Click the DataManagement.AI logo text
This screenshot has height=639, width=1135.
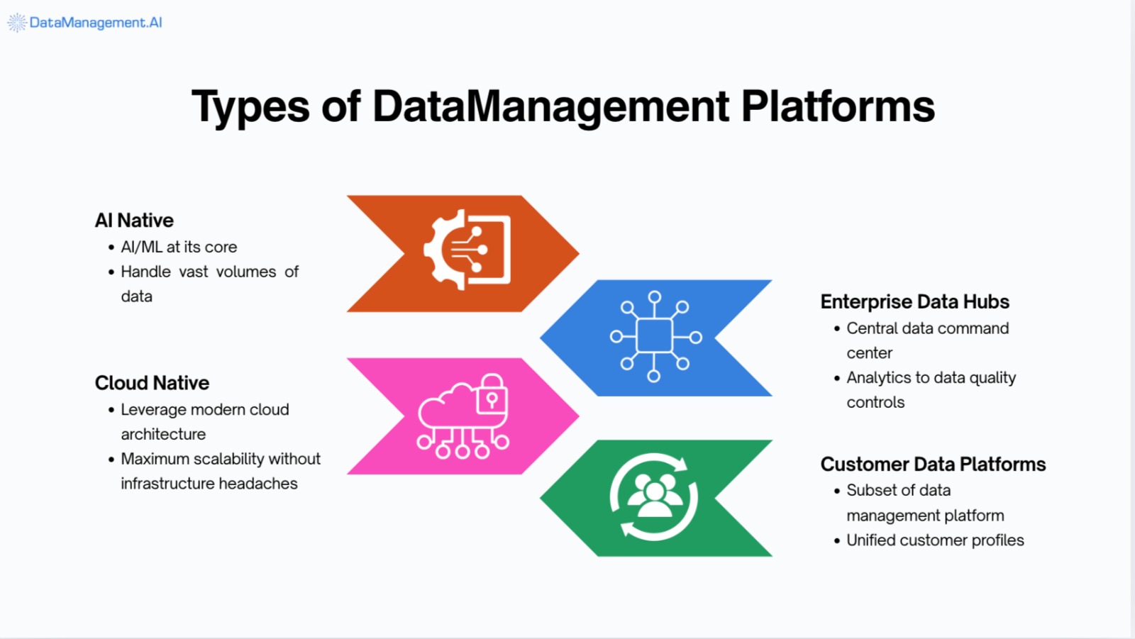[x=95, y=23]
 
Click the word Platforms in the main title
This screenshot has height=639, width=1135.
[x=838, y=106]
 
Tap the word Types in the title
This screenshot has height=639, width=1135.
[x=250, y=108]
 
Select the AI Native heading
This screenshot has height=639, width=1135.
[x=134, y=221]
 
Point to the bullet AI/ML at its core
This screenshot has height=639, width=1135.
[x=179, y=247]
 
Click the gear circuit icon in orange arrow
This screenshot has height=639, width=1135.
[x=467, y=249]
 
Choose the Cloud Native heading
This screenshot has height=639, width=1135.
[x=152, y=383]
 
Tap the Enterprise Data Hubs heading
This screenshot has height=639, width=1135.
[x=914, y=301]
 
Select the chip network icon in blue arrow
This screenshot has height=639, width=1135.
[x=655, y=336]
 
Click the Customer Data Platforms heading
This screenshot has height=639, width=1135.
[x=933, y=464]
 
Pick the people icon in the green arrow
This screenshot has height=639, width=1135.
[x=654, y=496]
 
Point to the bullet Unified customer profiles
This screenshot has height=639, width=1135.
[x=935, y=540]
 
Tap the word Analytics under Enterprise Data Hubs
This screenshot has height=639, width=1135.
[x=878, y=377]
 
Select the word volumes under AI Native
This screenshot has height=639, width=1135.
[x=246, y=272]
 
